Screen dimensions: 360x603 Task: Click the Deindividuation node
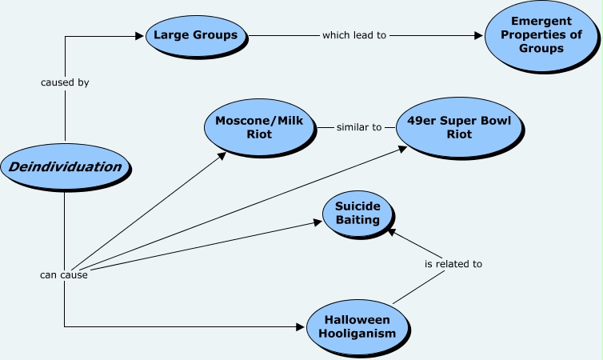pos(64,167)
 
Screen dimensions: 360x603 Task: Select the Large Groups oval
pos(196,35)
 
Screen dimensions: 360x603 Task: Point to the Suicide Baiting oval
pos(357,214)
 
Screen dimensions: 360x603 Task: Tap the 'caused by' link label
pos(64,82)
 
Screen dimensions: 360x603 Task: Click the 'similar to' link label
pos(354,127)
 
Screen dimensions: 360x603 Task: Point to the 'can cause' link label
pos(64,275)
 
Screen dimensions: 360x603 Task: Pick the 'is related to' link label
pos(453,263)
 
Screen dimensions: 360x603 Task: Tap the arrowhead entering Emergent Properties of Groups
pos(480,35)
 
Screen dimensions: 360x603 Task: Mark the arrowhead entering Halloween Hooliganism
pos(301,326)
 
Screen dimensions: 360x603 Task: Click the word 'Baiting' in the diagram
pos(357,221)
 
